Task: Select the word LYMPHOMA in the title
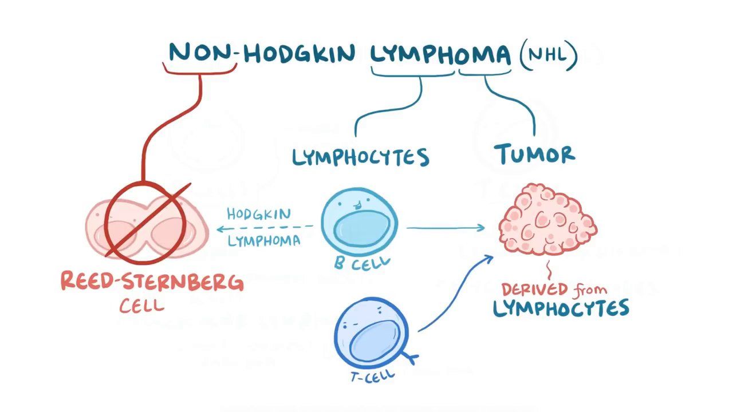tap(440, 54)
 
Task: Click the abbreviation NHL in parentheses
tap(548, 54)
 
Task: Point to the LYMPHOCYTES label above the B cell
tap(361, 157)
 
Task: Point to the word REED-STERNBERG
tap(152, 282)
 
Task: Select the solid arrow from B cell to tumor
tap(446, 228)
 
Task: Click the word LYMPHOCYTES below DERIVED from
tap(561, 308)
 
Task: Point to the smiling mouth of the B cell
tap(357, 204)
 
